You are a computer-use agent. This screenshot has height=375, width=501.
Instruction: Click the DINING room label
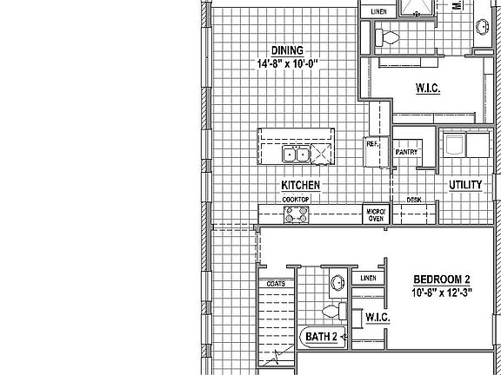click(285, 49)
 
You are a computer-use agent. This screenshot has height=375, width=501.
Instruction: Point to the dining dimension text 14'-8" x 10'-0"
click(285, 63)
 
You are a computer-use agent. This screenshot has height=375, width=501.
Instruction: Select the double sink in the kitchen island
click(297, 155)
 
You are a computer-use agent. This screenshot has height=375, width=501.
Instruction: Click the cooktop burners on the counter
click(297, 213)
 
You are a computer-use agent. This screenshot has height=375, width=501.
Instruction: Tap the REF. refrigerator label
click(371, 144)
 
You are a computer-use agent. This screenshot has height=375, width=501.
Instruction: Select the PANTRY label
click(407, 153)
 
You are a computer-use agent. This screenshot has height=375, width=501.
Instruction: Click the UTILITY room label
click(465, 185)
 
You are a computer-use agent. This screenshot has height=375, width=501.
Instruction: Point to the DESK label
click(414, 200)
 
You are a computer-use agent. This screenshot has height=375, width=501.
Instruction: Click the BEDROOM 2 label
click(441, 279)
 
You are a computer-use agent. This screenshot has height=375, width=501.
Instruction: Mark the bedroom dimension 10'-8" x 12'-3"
click(441, 292)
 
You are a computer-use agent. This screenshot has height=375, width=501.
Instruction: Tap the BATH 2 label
click(318, 336)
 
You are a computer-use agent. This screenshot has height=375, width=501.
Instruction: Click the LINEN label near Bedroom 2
click(366, 278)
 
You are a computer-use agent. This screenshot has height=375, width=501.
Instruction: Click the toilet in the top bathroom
click(387, 37)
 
